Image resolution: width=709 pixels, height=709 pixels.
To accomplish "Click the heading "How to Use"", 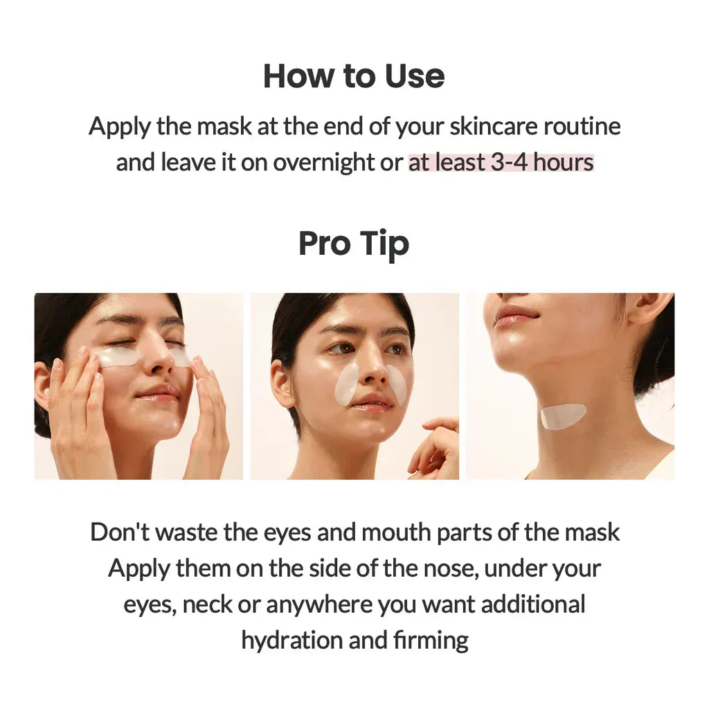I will tap(354, 75).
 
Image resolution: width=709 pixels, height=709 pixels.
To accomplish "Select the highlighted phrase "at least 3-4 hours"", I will tap(501, 163).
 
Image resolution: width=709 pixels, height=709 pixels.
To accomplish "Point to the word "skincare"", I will tap(493, 127).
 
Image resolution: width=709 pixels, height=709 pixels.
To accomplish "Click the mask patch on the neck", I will tap(563, 415).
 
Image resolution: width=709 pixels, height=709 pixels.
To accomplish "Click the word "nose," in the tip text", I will tap(455, 568).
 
